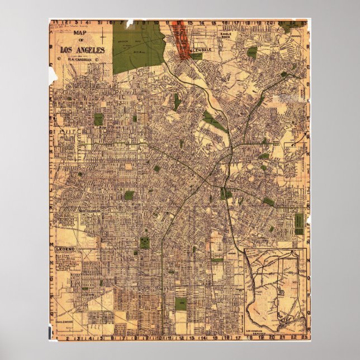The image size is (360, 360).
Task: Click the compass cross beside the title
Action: (x=103, y=38)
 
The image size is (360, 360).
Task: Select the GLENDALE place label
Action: (x=201, y=50)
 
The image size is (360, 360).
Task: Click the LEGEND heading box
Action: (x=65, y=248)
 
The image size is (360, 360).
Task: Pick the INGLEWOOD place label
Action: (x=65, y=323)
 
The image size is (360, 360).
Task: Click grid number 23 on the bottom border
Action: (x=302, y=337)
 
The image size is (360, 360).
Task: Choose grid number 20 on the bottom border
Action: (x=269, y=337)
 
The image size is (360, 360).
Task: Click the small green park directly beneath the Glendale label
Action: (x=196, y=56)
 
